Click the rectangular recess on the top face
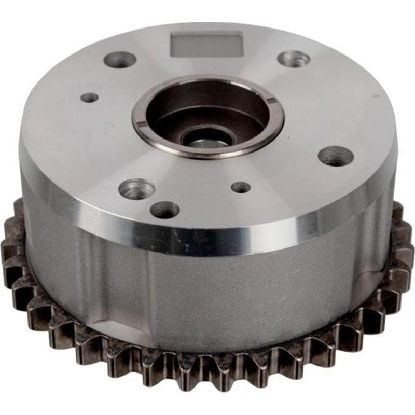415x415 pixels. click(x=206, y=44)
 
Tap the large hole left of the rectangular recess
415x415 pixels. click(x=120, y=60)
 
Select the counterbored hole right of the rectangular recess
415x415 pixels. click(x=294, y=59)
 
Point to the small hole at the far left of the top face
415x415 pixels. click(x=90, y=97)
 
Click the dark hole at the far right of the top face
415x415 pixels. click(x=336, y=156)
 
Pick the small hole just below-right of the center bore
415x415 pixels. click(x=241, y=187)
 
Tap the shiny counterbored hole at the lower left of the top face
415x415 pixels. click(x=136, y=189)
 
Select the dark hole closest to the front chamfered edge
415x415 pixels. click(x=165, y=210)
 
